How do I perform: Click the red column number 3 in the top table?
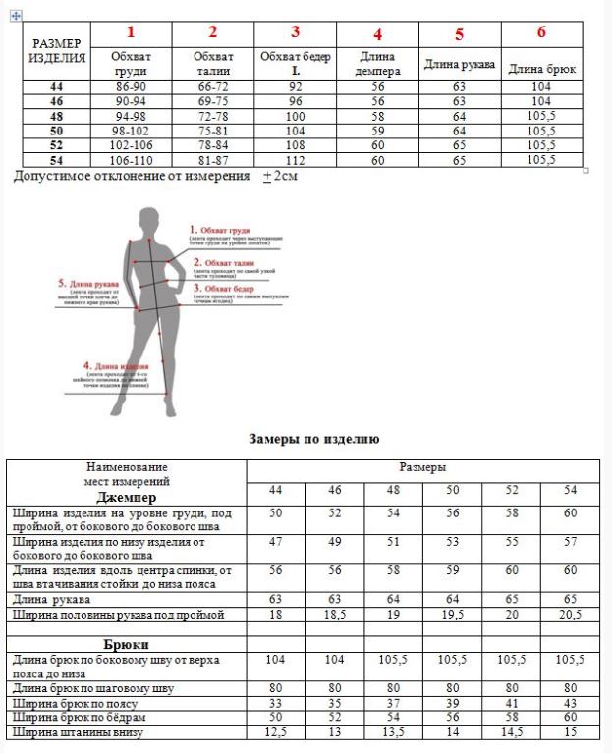click(x=295, y=32)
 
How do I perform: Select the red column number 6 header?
click(x=541, y=32)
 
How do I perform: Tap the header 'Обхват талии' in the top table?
click(x=213, y=64)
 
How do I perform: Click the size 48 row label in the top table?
click(x=56, y=116)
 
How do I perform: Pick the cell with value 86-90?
click(x=131, y=87)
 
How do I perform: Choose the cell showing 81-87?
click(x=213, y=160)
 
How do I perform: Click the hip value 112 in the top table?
click(x=295, y=160)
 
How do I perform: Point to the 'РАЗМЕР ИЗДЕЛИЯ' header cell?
click(x=58, y=50)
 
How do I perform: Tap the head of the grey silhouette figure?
click(x=148, y=218)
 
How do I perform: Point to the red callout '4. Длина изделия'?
click(x=109, y=364)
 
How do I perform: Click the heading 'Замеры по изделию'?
click(x=314, y=439)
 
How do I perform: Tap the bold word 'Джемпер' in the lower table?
click(x=129, y=497)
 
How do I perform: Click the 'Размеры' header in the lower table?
click(x=423, y=467)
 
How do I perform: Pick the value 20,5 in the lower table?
click(x=570, y=615)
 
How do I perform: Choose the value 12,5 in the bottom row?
click(x=275, y=732)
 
